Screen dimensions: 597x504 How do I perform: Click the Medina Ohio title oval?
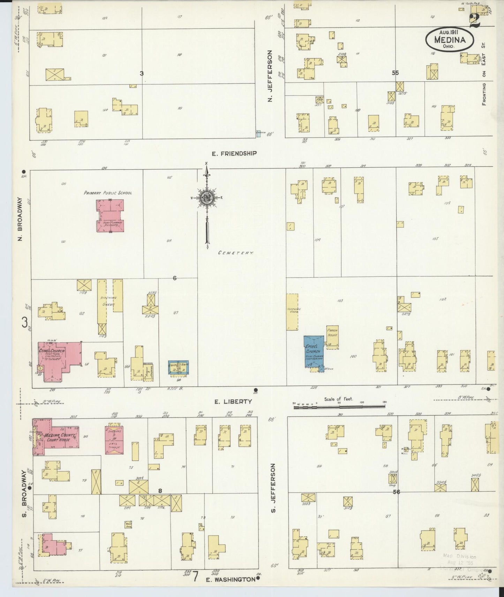[x=450, y=39]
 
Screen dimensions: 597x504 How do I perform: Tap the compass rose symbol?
[x=207, y=198]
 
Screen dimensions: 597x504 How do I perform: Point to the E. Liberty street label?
[x=233, y=402]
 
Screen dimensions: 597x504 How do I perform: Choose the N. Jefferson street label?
[x=270, y=76]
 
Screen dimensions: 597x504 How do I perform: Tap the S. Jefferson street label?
[x=273, y=488]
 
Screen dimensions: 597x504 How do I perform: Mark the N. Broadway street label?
[x=21, y=219]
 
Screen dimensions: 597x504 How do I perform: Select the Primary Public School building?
[x=110, y=215]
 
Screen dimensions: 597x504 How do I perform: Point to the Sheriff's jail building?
[x=114, y=439]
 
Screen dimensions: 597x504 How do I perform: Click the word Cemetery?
[x=235, y=253]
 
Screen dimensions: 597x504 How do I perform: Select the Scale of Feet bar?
[x=340, y=406]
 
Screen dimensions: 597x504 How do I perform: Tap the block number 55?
[x=395, y=73]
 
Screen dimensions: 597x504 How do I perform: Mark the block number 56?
[x=396, y=492]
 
